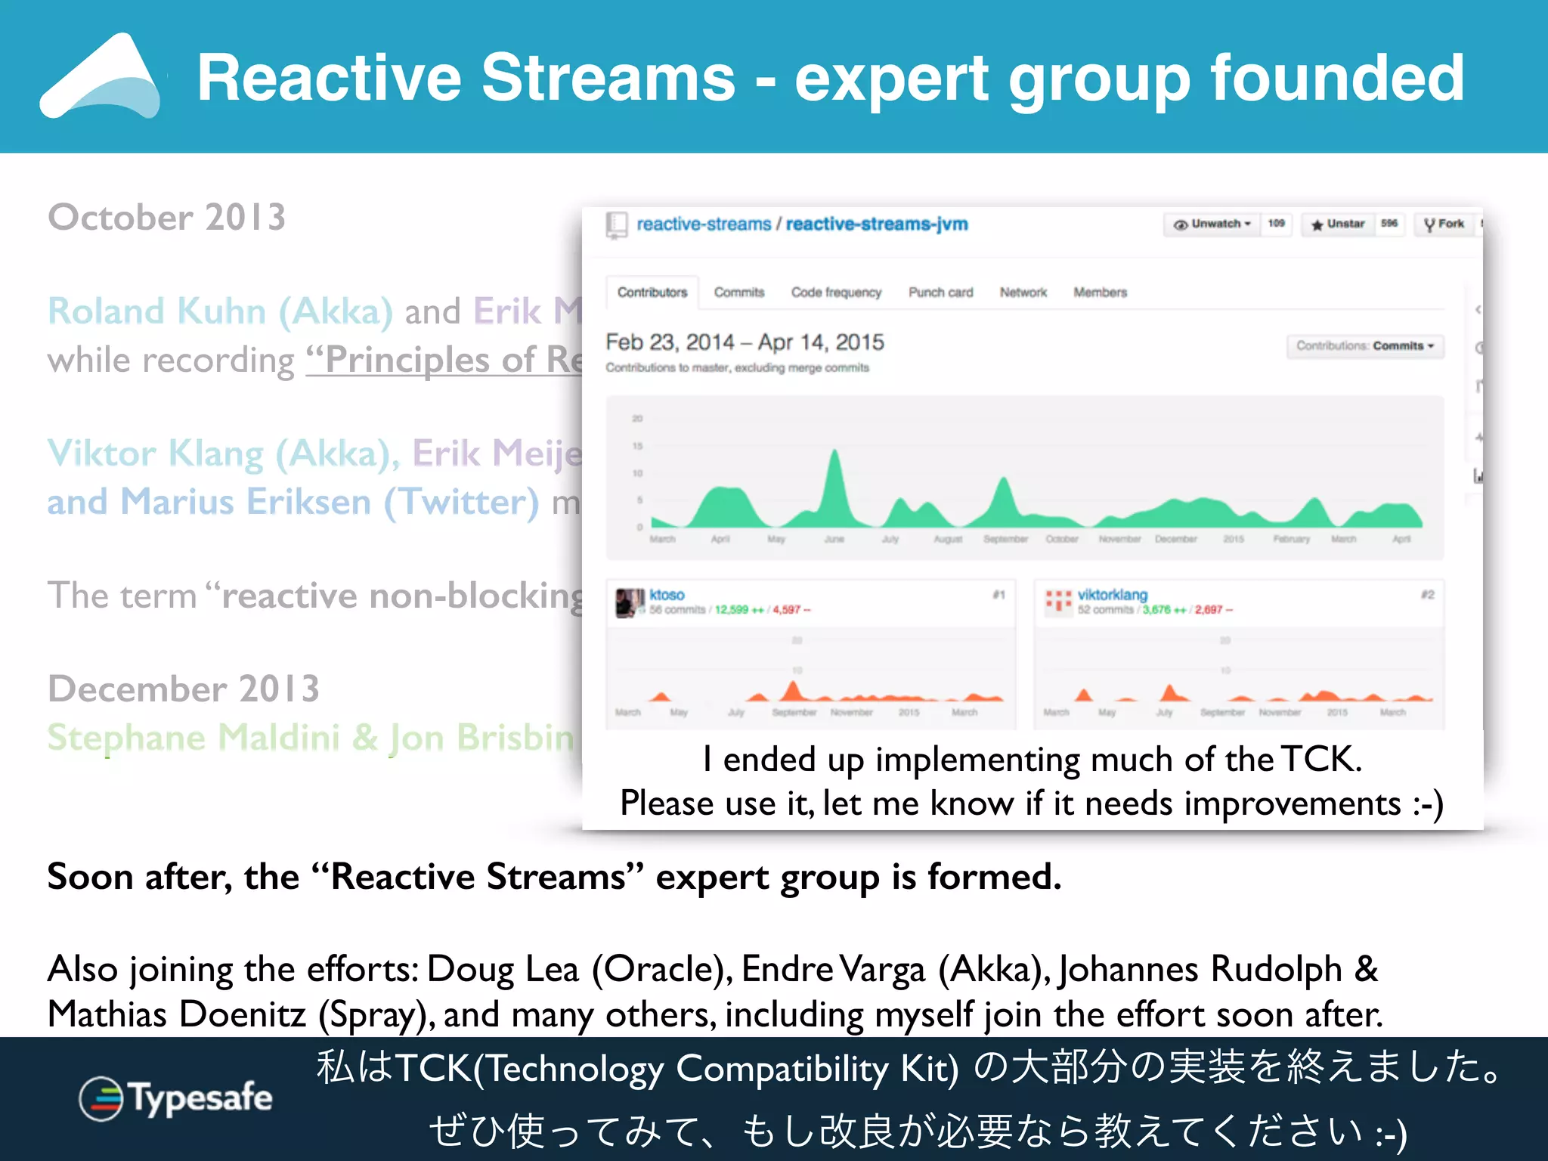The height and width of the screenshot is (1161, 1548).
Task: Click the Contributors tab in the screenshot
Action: [x=652, y=293]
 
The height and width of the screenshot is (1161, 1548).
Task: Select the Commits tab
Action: [x=739, y=293]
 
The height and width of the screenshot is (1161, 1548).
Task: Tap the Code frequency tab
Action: [x=836, y=293]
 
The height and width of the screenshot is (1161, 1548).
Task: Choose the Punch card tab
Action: [x=940, y=293]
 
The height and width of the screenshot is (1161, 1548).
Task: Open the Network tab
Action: [x=1023, y=293]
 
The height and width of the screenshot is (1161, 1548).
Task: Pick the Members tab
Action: [x=1100, y=293]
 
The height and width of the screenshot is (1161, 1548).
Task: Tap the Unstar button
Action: [x=1338, y=224]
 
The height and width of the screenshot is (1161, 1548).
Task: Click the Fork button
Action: [x=1444, y=224]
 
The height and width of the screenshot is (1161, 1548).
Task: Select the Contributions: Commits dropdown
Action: [x=1365, y=346]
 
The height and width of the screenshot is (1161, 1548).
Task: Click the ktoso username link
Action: [x=667, y=595]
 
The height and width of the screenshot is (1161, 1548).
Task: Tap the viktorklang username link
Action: [x=1113, y=595]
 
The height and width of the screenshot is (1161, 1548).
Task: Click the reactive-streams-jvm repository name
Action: [x=877, y=224]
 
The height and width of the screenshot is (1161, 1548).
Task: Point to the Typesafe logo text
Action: [x=200, y=1098]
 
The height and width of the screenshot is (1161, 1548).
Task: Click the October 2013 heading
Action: [x=167, y=218]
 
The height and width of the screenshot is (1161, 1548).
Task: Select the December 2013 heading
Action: [x=184, y=689]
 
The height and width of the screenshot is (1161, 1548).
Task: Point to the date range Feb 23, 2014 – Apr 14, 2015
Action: [x=745, y=342]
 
